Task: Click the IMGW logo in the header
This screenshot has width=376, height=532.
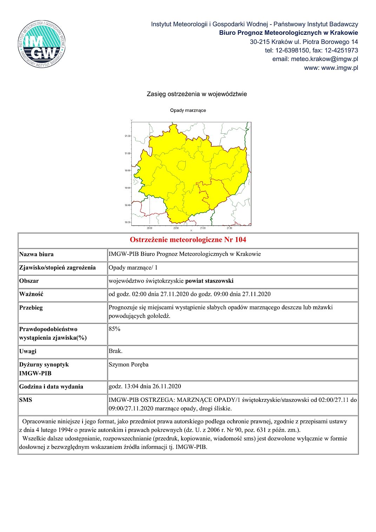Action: pos(42,44)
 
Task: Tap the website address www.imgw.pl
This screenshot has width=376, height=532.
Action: pos(339,68)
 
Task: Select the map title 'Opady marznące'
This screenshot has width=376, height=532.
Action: pos(188,110)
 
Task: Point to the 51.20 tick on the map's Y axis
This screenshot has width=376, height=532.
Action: pos(128,136)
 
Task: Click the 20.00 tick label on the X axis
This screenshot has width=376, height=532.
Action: pos(150,228)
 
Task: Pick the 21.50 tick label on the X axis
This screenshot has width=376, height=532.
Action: pos(229,228)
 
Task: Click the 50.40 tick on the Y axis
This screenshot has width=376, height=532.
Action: pos(128,205)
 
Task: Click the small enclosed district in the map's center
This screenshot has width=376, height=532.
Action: pos(181,165)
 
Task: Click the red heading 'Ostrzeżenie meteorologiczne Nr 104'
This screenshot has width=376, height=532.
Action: pos(188,240)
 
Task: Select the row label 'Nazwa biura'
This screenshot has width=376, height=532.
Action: pos(37,254)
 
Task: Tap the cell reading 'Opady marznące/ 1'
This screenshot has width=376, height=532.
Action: pos(133,267)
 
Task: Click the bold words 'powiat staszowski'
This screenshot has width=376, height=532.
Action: pos(209,281)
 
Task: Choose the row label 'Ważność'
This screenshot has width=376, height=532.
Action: pos(31,294)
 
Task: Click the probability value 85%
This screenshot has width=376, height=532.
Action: pos(114,329)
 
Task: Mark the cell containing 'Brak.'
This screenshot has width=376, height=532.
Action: pos(116,351)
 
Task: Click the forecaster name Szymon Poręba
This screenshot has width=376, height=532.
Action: pos(128,364)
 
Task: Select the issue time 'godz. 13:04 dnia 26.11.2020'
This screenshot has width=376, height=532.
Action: pos(145,386)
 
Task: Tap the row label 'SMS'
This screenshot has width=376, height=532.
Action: pos(26,400)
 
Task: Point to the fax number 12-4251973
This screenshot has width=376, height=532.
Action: pos(341,50)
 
